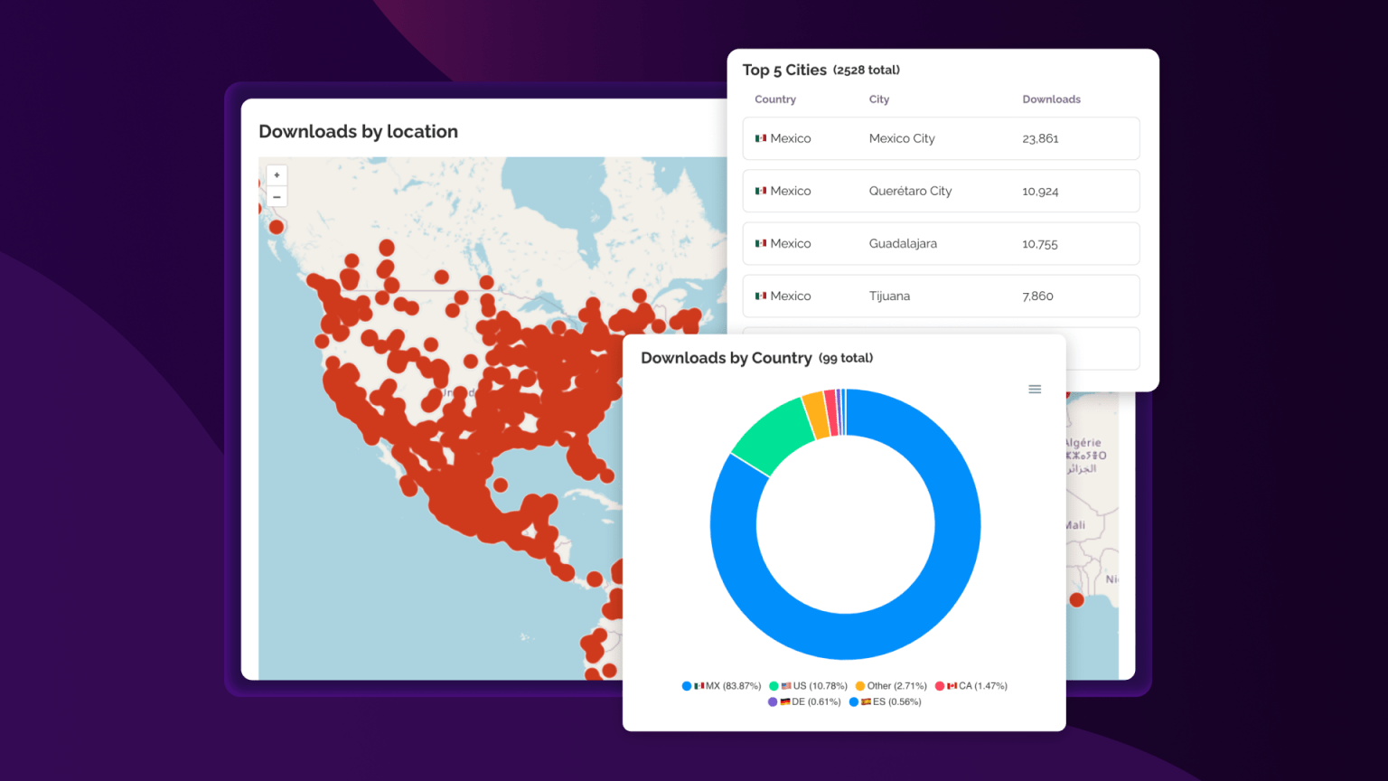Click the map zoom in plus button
pos(277,175)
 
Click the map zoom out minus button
pos(277,197)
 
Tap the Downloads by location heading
pos(358,132)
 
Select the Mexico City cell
pos(902,138)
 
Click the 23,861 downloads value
pos(1040,138)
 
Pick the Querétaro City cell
pos(910,191)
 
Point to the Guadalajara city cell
pos(903,243)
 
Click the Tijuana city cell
pos(889,296)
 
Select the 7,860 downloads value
pos(1037,296)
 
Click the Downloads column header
pos(1051,99)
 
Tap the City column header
pos(879,99)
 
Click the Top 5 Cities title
pos(784,71)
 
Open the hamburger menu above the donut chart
pos(1035,389)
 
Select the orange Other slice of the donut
pos(815,415)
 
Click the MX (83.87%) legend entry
pos(722,686)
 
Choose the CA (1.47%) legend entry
pos(972,686)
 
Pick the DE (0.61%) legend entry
pos(805,702)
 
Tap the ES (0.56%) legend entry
pos(886,702)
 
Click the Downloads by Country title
pos(726,358)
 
